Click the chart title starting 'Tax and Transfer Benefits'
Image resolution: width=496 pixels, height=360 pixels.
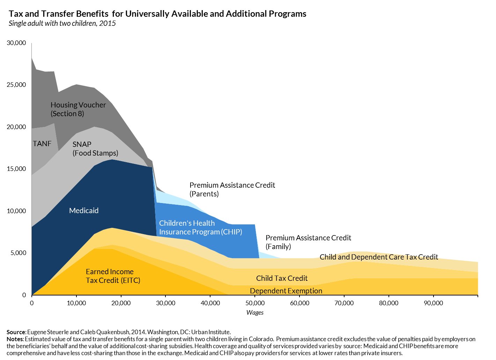click(x=157, y=14)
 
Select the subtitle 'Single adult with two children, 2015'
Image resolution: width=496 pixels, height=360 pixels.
click(x=62, y=23)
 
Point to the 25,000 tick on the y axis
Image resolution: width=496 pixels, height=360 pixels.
click(x=16, y=85)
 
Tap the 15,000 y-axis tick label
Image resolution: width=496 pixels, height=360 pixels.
click(x=16, y=169)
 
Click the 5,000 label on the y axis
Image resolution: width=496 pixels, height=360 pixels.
click(x=18, y=253)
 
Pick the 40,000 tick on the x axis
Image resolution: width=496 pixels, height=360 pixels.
click(x=210, y=303)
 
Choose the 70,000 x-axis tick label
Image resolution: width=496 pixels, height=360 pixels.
click(x=344, y=303)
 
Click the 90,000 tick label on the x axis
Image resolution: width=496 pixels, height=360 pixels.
click(x=433, y=303)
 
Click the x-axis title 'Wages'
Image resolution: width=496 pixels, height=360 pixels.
click(x=255, y=313)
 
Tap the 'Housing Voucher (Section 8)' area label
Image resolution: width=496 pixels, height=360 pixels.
click(x=78, y=109)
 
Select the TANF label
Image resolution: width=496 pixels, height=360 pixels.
click(x=42, y=143)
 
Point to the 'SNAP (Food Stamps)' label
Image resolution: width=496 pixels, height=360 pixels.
click(x=95, y=149)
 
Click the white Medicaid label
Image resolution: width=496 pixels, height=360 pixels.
click(x=84, y=211)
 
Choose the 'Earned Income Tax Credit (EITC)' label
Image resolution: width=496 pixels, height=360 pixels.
click(x=113, y=276)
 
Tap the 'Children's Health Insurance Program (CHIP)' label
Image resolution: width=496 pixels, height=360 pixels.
click(x=200, y=227)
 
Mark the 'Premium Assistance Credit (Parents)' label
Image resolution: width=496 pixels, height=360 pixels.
click(x=232, y=189)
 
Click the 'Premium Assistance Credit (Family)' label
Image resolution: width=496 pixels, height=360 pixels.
click(x=308, y=242)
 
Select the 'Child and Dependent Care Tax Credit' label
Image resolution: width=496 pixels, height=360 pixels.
click(x=379, y=257)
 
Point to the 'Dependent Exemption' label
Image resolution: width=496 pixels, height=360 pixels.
click(x=286, y=291)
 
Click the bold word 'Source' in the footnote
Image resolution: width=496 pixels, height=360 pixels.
click(x=16, y=332)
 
